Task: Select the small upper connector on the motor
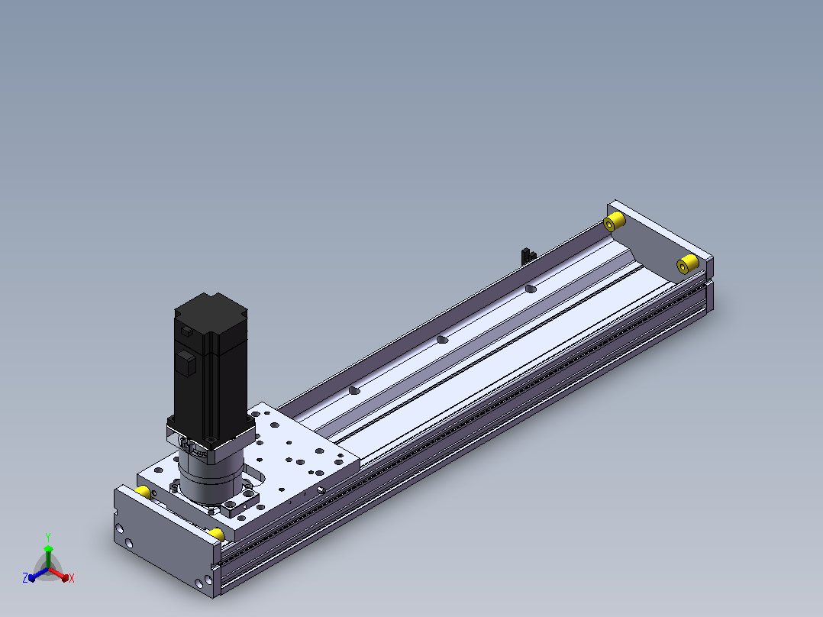click(187, 331)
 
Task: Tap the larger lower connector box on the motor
click(186, 363)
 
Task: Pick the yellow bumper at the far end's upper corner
click(614, 221)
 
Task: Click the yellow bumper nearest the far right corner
click(688, 263)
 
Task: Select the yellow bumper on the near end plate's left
click(144, 492)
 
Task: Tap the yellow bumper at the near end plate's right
click(216, 535)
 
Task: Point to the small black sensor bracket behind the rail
click(528, 257)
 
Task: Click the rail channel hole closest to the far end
click(531, 289)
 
